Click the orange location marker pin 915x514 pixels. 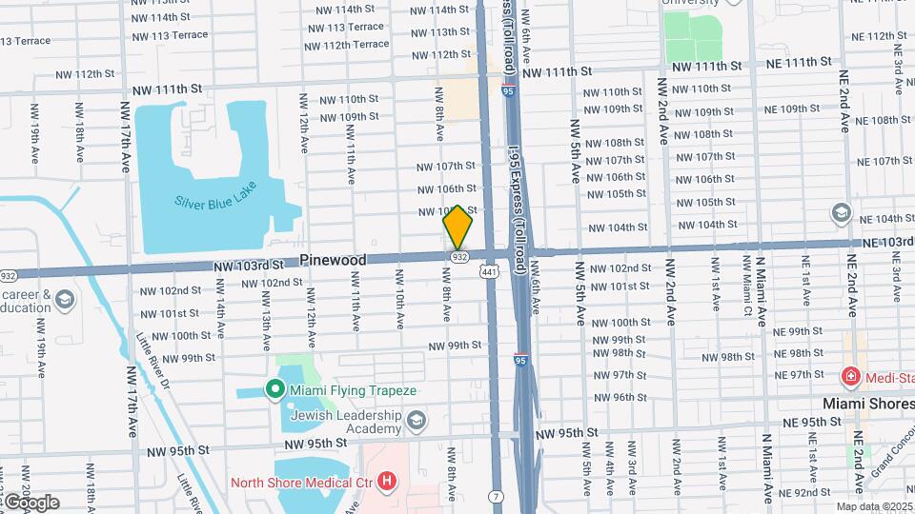point(457,227)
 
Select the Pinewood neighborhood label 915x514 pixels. point(333,260)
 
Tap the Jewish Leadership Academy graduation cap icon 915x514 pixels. point(416,420)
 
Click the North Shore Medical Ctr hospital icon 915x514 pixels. point(386,481)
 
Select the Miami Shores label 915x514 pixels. point(860,404)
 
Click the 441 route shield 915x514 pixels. point(489,272)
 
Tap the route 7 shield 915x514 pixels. point(496,496)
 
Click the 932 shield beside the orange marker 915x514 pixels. point(459,257)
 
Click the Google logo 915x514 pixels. point(30,502)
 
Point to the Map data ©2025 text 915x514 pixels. point(874,506)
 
